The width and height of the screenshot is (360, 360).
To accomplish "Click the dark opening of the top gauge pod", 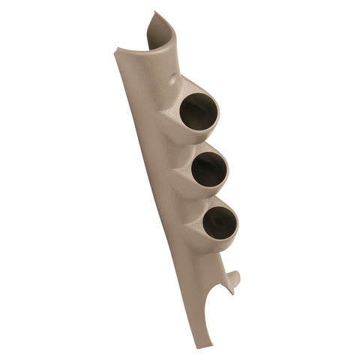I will point(199,113).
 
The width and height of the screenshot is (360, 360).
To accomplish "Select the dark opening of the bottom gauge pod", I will point(218,220).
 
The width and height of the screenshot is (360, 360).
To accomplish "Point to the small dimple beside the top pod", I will point(174,78).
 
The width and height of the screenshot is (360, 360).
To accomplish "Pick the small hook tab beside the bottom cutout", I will point(235,279).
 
